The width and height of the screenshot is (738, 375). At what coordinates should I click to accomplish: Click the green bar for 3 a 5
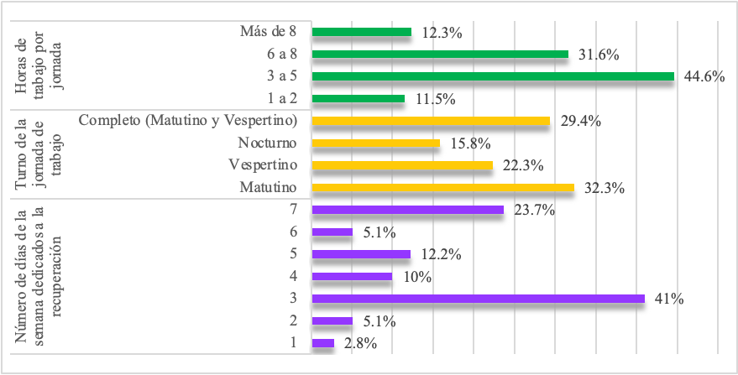(493, 76)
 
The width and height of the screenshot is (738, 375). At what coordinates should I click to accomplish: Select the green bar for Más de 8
(361, 32)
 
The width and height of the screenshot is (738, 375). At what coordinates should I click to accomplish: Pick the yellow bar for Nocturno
(375, 143)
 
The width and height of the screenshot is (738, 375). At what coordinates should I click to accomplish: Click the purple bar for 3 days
(478, 299)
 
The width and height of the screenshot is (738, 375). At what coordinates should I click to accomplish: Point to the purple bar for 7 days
(407, 210)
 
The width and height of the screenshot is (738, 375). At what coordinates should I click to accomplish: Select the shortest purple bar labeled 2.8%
(322, 343)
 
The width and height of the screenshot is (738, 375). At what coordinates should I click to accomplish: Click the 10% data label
(417, 277)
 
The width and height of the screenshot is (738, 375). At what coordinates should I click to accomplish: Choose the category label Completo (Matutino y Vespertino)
(189, 121)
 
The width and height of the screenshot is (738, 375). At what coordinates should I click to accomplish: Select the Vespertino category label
(265, 165)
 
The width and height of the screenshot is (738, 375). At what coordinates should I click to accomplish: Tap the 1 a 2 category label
(285, 99)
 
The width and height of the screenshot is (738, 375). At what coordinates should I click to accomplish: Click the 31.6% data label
(599, 55)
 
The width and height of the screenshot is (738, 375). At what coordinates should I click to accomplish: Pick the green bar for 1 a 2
(358, 99)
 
